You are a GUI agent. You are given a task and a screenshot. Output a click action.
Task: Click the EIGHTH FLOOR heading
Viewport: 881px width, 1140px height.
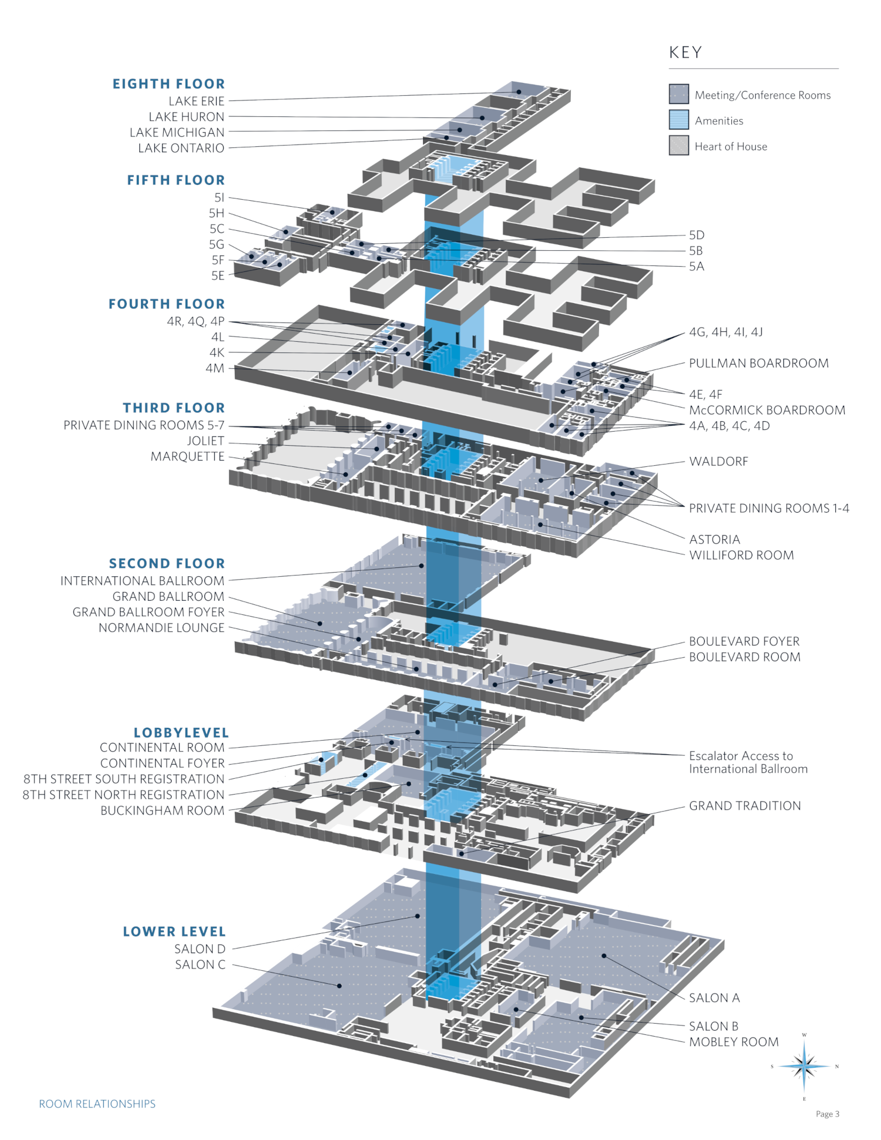(x=169, y=84)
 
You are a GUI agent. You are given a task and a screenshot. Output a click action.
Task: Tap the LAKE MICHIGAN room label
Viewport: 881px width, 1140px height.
(x=177, y=133)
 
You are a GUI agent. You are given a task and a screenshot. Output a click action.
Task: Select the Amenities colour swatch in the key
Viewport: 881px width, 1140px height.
(x=678, y=120)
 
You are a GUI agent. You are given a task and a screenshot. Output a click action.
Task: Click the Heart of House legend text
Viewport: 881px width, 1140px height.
(x=731, y=146)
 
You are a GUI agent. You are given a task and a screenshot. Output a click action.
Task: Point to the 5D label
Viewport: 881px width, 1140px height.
(x=697, y=235)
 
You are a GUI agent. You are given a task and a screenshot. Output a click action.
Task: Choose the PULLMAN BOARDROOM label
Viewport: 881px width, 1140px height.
(x=759, y=363)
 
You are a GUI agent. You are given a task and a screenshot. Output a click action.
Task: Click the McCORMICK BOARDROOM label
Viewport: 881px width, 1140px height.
(x=767, y=410)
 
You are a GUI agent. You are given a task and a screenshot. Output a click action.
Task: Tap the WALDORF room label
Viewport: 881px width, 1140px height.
(x=719, y=462)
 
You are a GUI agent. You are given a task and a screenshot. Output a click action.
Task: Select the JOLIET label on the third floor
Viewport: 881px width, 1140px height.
(x=206, y=441)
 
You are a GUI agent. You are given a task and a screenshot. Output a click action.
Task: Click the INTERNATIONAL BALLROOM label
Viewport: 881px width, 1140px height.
(x=142, y=581)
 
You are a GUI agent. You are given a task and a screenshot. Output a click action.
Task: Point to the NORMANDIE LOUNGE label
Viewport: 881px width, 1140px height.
(x=162, y=628)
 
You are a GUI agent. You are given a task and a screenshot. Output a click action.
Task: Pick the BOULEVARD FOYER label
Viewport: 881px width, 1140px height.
(x=744, y=641)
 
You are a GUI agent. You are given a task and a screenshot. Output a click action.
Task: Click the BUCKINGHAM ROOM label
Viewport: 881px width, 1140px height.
(x=162, y=811)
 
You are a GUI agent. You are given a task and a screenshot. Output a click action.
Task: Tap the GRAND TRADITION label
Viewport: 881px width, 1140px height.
(x=745, y=806)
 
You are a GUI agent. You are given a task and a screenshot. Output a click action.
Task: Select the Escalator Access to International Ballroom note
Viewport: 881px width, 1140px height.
(x=748, y=762)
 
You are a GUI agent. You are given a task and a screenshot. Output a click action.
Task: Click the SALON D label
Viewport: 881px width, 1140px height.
(x=200, y=949)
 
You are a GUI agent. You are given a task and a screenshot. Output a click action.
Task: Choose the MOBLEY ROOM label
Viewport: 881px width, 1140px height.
(x=734, y=1042)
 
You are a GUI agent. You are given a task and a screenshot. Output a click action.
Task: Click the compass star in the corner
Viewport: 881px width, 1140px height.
(x=804, y=1066)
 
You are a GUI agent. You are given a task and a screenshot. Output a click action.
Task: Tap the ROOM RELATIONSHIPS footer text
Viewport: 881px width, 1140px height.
(x=97, y=1104)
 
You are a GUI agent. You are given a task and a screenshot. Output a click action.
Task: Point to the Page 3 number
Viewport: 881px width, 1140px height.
(x=828, y=1114)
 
